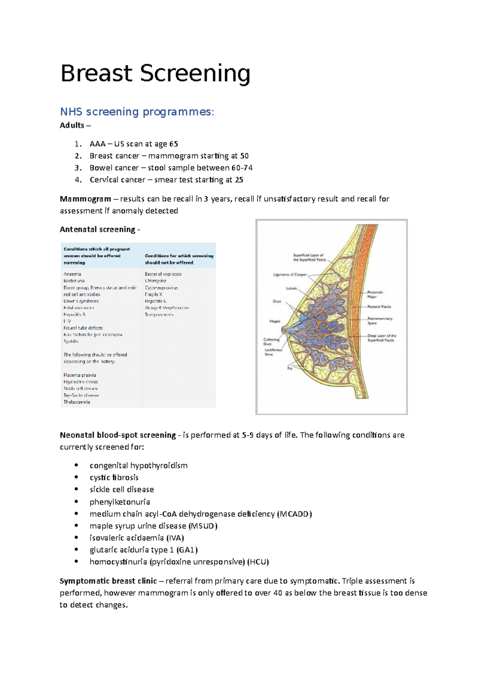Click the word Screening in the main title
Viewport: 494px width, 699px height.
[x=195, y=74]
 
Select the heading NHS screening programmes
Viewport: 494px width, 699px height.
[x=137, y=112]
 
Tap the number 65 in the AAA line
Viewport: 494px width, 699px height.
[x=173, y=144]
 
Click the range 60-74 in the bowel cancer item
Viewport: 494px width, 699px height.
[x=242, y=168]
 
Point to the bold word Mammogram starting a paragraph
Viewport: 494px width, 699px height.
[x=85, y=199]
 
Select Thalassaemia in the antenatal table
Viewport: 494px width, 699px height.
[x=77, y=402]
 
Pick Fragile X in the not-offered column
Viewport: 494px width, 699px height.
[x=154, y=294]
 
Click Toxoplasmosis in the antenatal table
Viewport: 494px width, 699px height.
[x=159, y=315]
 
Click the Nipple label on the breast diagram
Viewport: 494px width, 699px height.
[x=275, y=321]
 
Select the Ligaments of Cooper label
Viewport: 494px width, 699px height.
[x=290, y=275]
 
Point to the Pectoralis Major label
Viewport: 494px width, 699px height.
[x=375, y=294]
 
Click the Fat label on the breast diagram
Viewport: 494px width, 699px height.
[x=290, y=368]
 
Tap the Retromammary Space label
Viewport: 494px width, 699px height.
[x=380, y=321]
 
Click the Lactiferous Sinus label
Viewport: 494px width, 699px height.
[x=273, y=352]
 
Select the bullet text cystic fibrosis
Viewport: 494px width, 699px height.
[x=114, y=478]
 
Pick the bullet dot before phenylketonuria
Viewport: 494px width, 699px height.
[x=76, y=501]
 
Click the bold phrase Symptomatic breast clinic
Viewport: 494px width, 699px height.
[x=108, y=581]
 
